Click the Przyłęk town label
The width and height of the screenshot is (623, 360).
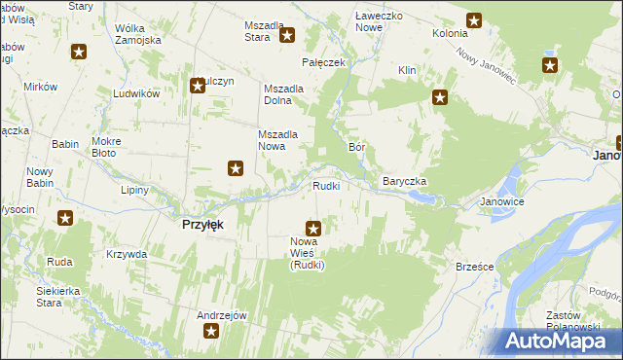pyautogui.click(x=203, y=224)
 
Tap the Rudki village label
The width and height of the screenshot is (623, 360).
pyautogui.click(x=325, y=186)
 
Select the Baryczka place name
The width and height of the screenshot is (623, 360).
pyautogui.click(x=405, y=182)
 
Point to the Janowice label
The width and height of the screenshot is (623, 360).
pyautogui.click(x=502, y=202)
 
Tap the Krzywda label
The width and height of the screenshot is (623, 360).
pyautogui.click(x=128, y=254)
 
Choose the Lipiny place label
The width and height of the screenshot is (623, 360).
pyautogui.click(x=135, y=190)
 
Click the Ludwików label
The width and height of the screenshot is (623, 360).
pyautogui.click(x=135, y=93)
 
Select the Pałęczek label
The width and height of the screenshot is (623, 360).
pyautogui.click(x=324, y=62)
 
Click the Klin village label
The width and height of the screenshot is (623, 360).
pyautogui.click(x=407, y=71)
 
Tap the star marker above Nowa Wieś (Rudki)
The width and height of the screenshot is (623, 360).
pyautogui.click(x=313, y=228)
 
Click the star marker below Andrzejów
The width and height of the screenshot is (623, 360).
pyautogui.click(x=211, y=332)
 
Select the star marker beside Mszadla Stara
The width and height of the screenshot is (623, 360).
pyautogui.click(x=288, y=37)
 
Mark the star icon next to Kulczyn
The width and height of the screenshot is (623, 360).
pyautogui.click(x=198, y=86)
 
